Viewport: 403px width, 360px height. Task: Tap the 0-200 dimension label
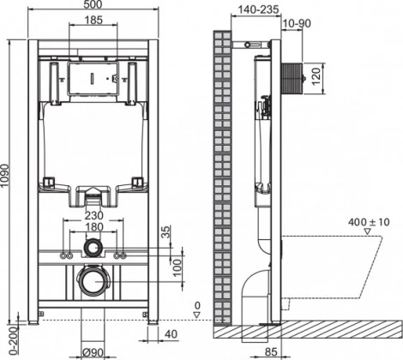7,333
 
